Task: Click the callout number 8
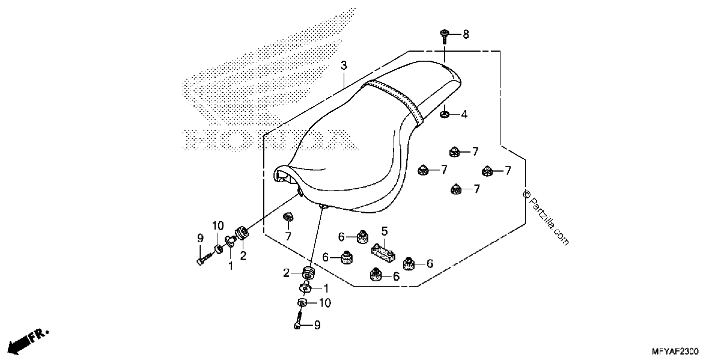466,34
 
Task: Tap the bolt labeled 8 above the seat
445,37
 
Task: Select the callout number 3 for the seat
344,66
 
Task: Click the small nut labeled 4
445,114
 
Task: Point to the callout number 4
464,114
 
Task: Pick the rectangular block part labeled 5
383,253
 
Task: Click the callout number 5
385,231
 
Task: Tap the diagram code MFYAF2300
675,351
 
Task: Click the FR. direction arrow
28,341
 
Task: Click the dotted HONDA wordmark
270,140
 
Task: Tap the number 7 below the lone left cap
288,237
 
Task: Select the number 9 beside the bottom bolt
317,325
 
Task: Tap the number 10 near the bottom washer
325,303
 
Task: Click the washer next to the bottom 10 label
302,303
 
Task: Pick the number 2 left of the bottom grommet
286,273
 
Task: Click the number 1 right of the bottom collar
326,288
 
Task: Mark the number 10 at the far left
218,226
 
